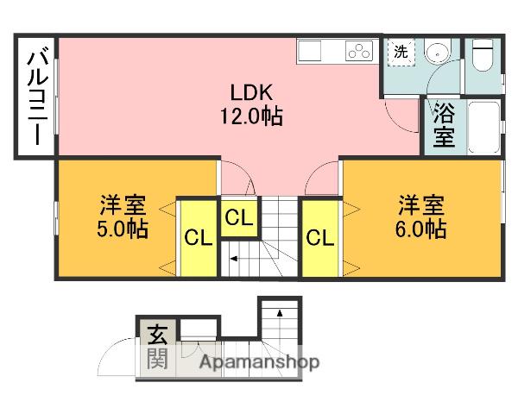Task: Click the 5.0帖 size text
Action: [123, 229]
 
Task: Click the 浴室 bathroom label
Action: [443, 125]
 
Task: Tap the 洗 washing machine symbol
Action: [400, 52]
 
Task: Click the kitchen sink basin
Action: [309, 52]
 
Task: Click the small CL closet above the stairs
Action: [239, 219]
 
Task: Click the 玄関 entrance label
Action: [156, 344]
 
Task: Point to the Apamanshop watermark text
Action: [259, 362]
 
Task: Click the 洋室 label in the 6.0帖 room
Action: [421, 207]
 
